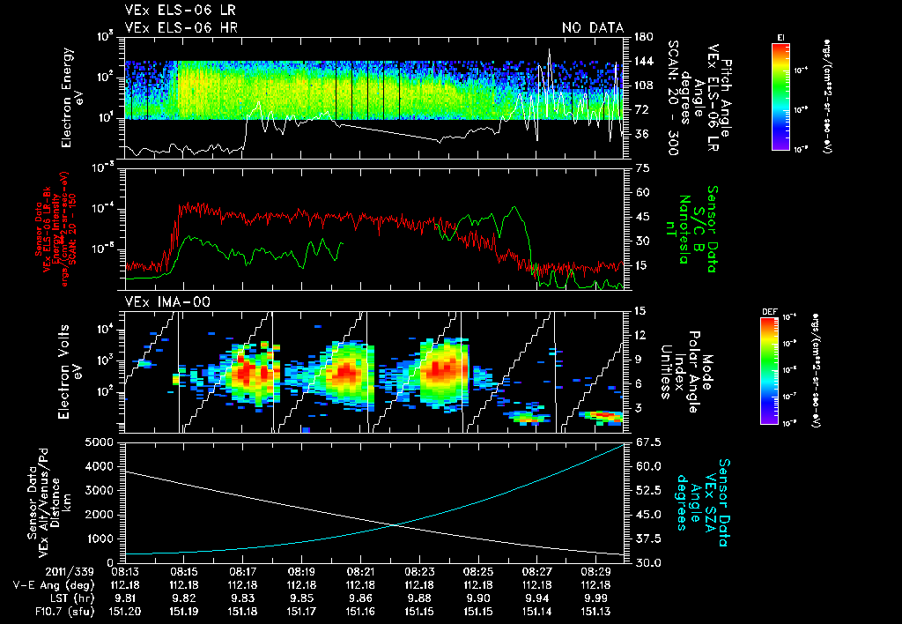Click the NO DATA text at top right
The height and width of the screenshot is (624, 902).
click(592, 28)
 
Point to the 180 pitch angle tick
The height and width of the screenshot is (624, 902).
click(641, 37)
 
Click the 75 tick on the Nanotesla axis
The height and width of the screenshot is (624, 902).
click(639, 167)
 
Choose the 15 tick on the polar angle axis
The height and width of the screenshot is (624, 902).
click(639, 310)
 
